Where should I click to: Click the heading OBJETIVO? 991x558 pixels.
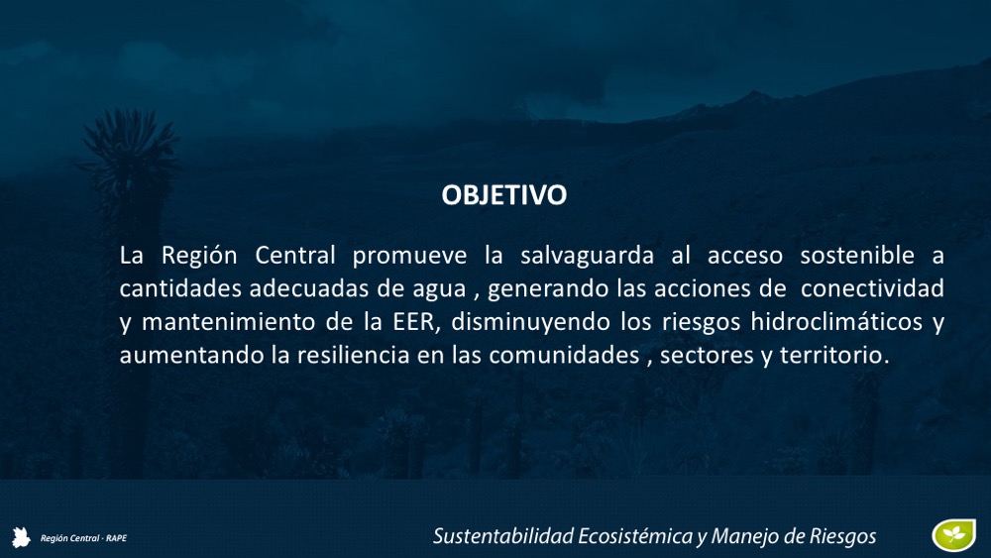coord(503,194)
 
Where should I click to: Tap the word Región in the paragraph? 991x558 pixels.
coord(199,256)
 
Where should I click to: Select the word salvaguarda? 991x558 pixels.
coord(587,256)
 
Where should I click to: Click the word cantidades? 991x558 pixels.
coord(180,288)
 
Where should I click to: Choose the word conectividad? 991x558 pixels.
coord(872,288)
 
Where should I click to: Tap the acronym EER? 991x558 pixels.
coord(413,322)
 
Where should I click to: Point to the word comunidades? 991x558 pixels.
coord(565,355)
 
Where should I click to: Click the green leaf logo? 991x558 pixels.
coord(953,534)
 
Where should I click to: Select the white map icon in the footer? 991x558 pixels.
coord(21,537)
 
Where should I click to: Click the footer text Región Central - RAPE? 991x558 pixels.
coord(83,538)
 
